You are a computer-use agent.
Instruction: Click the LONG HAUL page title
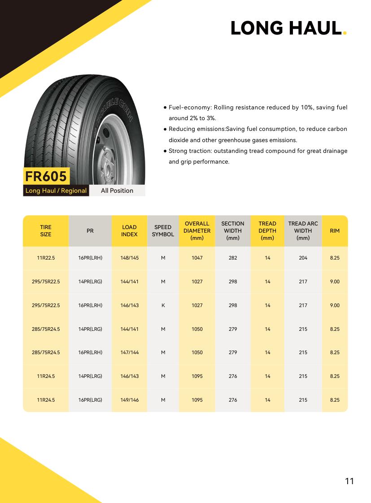tap(286, 28)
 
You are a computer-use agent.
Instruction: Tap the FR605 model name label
tap(46, 176)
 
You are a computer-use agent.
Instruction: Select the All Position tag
tap(117, 191)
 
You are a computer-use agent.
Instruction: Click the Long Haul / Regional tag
tap(56, 191)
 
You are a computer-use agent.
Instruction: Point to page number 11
tap(349, 481)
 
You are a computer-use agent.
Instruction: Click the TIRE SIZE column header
tap(46, 231)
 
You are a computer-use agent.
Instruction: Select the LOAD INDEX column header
tap(129, 231)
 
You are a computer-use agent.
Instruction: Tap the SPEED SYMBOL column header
tap(163, 231)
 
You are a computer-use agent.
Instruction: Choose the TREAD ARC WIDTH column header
tap(303, 231)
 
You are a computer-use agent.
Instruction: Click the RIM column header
tap(335, 231)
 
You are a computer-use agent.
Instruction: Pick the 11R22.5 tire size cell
tap(46, 258)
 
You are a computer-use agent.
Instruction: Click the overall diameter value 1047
tap(197, 258)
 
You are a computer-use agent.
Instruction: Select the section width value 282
tap(233, 258)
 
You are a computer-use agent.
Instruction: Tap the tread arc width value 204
tap(303, 258)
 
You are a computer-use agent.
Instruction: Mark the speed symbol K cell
tap(163, 305)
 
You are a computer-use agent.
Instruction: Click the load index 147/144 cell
tap(129, 353)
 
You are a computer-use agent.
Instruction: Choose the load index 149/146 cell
tap(129, 400)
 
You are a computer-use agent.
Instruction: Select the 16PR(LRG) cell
tap(90, 400)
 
